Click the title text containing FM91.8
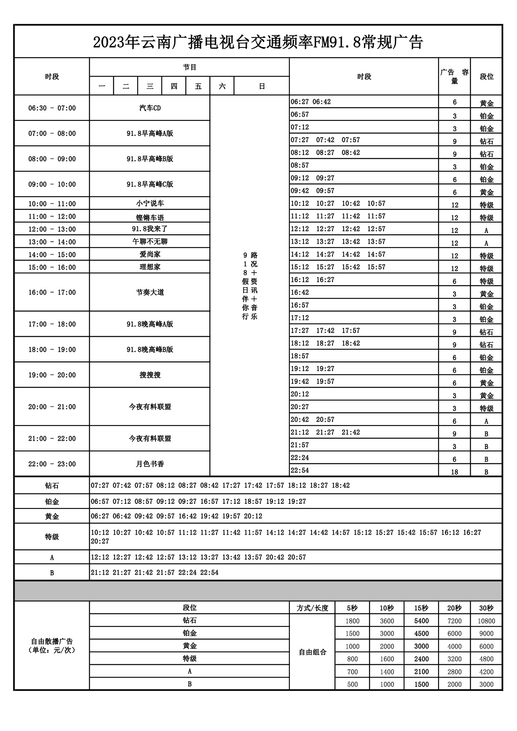point(258,42)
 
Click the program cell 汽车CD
point(150,108)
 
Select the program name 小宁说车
point(150,203)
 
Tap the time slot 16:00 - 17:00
point(52,292)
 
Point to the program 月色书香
point(150,463)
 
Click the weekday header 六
point(222,86)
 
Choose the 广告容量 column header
point(454,76)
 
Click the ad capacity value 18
point(454,472)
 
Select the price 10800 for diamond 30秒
point(486,621)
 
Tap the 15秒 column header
point(421,608)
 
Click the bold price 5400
point(421,621)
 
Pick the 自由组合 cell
point(312,652)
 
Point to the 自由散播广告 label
point(52,645)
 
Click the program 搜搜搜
point(150,375)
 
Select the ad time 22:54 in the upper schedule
point(300,470)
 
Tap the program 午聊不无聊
point(150,241)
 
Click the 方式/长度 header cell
point(312,608)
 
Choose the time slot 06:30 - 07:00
point(52,108)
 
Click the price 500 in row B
point(352,684)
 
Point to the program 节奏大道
point(150,292)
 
